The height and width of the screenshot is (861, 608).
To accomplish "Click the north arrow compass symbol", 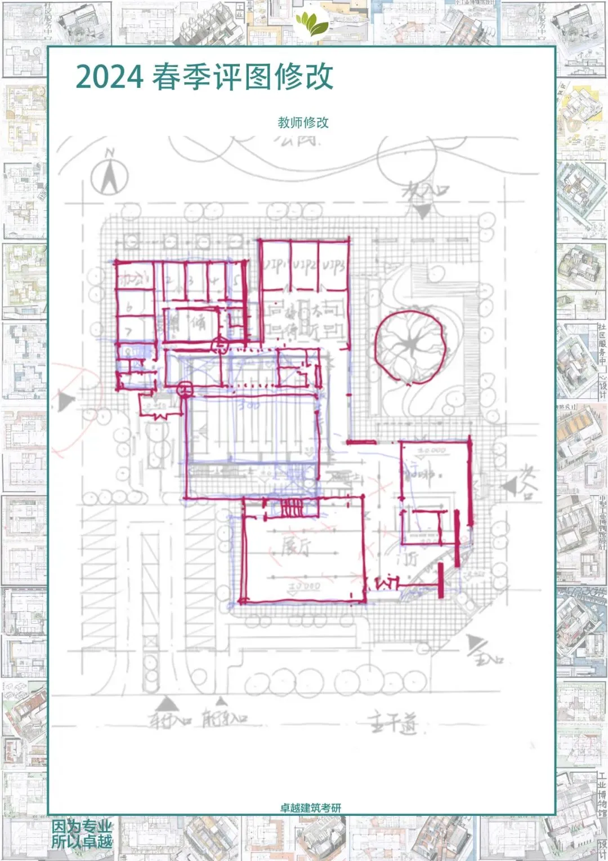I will coord(110,172).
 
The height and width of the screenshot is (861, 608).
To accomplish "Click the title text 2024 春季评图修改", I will coord(204,77).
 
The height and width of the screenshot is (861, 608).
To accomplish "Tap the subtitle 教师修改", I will coord(303,122).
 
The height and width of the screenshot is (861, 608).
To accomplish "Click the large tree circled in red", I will coord(412,347).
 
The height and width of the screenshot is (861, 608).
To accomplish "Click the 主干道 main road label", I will coord(394,722).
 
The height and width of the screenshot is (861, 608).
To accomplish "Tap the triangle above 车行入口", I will coord(165,704).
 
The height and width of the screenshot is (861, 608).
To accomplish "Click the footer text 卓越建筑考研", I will coord(311,807).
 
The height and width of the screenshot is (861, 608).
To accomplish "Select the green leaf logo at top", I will coord(312,24).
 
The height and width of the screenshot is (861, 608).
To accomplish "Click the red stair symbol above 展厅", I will coord(292,509).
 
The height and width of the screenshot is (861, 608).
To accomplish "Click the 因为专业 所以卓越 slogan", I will coord(82,834).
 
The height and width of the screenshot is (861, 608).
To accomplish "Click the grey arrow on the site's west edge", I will coord(66,401).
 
